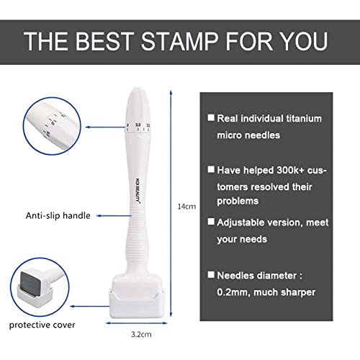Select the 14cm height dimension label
186,207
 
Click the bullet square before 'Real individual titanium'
211,117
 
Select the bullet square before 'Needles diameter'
211,274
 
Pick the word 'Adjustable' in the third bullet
244,222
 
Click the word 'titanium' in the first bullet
300,117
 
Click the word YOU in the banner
303,40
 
